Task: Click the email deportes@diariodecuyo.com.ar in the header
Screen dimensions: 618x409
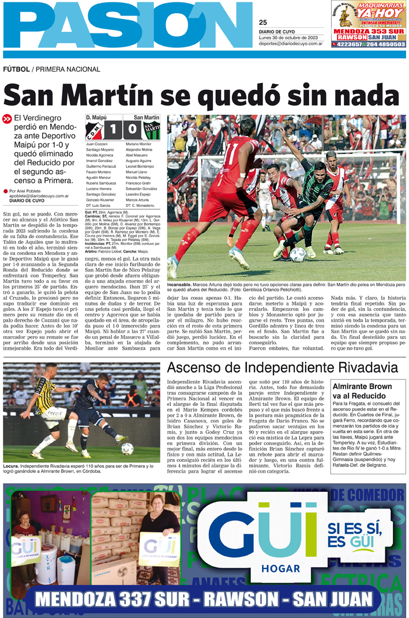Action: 290,43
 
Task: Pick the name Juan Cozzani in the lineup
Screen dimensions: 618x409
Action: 97,143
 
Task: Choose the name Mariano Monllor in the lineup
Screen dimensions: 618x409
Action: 138,143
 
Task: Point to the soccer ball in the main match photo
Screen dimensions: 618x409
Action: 298,254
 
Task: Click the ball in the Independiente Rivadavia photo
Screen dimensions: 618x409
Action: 127,448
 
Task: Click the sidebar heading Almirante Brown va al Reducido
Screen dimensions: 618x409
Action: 359,391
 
